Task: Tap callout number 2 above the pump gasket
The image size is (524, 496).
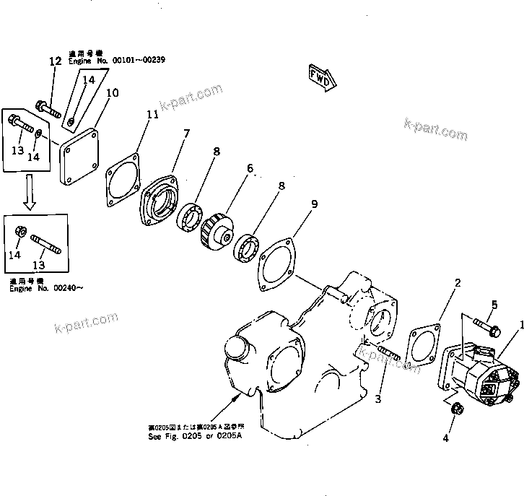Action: click(456, 283)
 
